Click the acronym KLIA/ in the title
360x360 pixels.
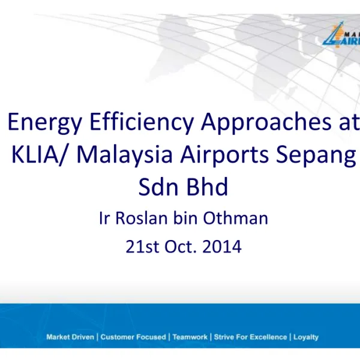40,155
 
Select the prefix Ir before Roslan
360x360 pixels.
104,218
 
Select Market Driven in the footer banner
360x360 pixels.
70,337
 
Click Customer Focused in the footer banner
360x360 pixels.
133,337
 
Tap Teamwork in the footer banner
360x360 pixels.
190,337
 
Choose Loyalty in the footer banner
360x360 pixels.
306,337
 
